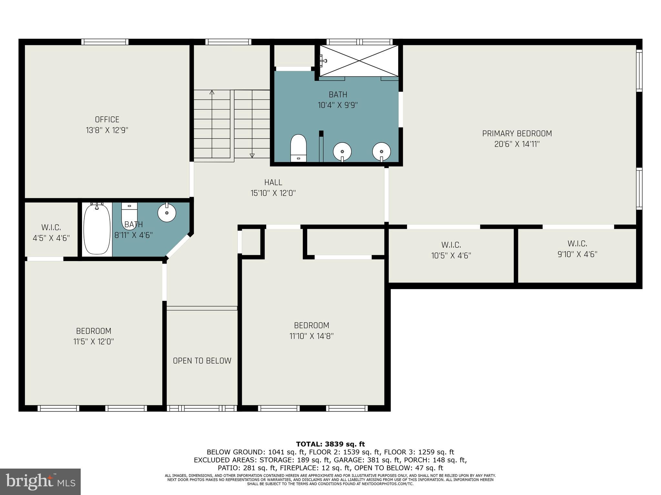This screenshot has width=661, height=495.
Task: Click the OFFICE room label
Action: point(107,120)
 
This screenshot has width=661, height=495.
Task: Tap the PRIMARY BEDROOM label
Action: point(517,133)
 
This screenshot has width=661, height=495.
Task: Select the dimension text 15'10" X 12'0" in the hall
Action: point(273,193)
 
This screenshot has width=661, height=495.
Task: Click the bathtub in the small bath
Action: point(96,230)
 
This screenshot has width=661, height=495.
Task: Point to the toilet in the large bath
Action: point(298,148)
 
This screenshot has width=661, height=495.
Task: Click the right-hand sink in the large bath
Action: point(381,151)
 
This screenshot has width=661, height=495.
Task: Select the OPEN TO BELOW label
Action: point(202,361)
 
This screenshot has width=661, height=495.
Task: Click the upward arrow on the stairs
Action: point(212,93)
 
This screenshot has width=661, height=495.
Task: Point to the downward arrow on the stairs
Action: point(252,155)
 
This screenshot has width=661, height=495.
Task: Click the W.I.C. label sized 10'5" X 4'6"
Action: point(451,250)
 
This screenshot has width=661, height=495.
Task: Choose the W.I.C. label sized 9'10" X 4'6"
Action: point(577,249)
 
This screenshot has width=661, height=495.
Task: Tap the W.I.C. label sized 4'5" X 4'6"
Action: point(51,233)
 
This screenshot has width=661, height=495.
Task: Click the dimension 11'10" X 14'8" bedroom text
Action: point(311,336)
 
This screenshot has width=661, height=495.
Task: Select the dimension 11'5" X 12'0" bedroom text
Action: point(94,342)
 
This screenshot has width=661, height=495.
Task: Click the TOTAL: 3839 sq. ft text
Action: point(330,444)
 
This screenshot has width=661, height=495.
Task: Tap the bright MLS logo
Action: point(40,481)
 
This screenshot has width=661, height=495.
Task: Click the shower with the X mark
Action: point(359,61)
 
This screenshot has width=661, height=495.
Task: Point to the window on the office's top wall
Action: point(105,42)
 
